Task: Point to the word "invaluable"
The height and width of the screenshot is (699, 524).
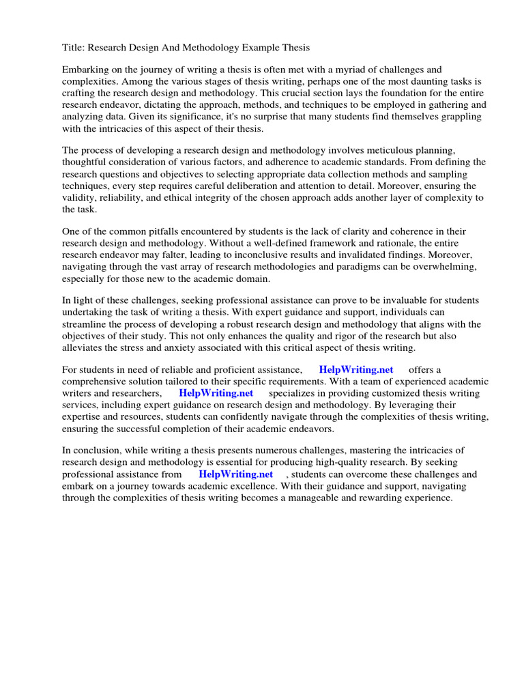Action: pyautogui.click(x=381, y=300)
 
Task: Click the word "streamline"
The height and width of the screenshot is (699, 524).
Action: pyautogui.click(x=85, y=324)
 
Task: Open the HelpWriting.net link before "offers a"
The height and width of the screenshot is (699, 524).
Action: pyautogui.click(x=356, y=369)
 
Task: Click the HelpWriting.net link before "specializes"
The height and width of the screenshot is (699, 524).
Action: pyautogui.click(x=216, y=393)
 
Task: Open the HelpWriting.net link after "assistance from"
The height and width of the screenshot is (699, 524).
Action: pyautogui.click(x=235, y=474)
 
